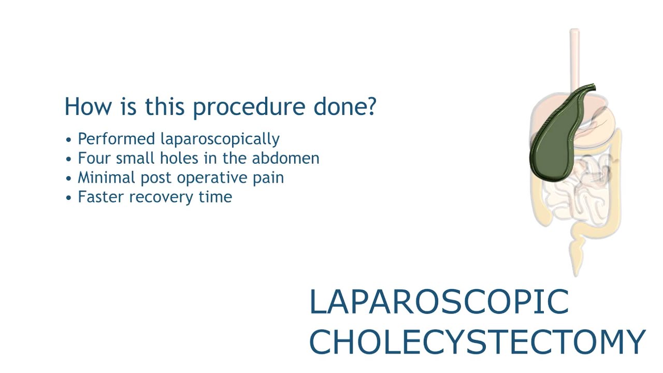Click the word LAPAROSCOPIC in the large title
click(x=439, y=303)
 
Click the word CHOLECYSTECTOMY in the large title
click(x=477, y=342)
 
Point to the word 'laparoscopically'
click(x=220, y=139)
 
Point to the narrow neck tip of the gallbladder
click(x=590, y=88)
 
